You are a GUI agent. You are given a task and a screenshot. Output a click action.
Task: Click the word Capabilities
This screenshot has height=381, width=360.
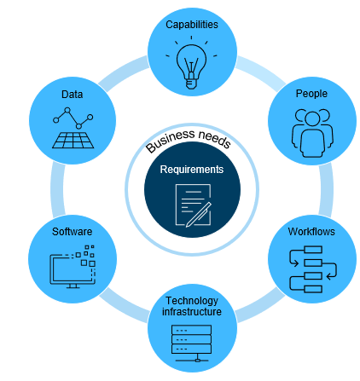(192, 25)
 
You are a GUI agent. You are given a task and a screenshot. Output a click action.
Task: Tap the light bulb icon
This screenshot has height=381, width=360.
(191, 63)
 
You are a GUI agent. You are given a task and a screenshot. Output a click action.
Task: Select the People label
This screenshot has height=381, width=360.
(311, 94)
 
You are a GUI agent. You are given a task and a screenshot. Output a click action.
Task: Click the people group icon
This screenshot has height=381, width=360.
(312, 133)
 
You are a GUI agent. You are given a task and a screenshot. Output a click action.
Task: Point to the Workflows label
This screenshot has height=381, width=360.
(311, 232)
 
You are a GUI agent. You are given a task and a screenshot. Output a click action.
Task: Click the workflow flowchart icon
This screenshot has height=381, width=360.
(313, 269)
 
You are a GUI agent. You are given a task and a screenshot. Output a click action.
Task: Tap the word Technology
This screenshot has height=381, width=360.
(192, 301)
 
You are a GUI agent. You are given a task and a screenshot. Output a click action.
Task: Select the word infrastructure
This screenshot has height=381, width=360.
(192, 312)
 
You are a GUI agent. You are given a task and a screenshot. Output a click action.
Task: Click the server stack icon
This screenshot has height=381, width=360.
(191, 343)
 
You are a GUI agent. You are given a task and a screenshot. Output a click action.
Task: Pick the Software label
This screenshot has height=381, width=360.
(72, 232)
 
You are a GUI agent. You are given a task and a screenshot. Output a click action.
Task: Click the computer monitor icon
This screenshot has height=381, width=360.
(73, 267)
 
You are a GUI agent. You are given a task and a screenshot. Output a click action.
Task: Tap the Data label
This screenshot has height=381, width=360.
(72, 95)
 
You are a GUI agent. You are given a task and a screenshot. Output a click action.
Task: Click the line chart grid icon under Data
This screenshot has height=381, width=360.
(73, 128)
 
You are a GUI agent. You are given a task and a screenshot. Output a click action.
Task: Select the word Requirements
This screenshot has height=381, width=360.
(192, 170)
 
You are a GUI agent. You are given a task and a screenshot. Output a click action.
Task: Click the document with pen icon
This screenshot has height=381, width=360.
(194, 205)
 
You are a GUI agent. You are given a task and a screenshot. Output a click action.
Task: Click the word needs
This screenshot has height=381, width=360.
(215, 138)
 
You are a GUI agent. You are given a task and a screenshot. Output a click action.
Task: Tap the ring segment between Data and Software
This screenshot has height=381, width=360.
(57, 189)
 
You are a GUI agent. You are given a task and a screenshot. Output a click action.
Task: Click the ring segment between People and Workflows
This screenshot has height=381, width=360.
(326, 189)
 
